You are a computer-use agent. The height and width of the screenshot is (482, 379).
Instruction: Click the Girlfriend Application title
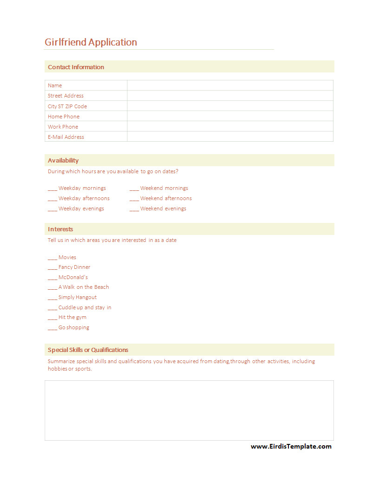coord(91,42)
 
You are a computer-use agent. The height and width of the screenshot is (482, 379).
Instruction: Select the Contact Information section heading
coord(76,67)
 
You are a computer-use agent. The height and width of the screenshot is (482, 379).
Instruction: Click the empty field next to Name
coord(230,85)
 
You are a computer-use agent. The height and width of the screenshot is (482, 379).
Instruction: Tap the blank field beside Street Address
coord(230,96)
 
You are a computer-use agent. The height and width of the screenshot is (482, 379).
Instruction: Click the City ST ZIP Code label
coord(67,106)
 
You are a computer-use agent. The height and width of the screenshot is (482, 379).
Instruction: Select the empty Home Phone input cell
coord(230,117)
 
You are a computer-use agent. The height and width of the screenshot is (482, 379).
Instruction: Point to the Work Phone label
coord(63,127)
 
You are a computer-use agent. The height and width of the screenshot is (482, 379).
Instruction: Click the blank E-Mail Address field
coord(230,137)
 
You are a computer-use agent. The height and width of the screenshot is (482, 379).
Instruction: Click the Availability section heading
coord(63,160)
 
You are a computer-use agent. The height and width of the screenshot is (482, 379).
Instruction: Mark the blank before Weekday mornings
coord(52,189)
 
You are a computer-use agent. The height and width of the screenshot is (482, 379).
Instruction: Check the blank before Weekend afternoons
coord(134,199)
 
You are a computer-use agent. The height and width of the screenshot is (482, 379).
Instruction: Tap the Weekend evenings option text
coord(163,209)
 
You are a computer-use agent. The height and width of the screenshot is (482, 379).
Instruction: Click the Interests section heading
coord(60,229)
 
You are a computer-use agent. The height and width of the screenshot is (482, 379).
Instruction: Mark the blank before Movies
coord(52,258)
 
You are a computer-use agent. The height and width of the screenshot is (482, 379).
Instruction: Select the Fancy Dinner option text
coord(74,267)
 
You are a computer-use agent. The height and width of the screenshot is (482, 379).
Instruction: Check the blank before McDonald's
coord(52,278)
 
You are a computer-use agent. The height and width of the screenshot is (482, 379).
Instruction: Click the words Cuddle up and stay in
coord(85,307)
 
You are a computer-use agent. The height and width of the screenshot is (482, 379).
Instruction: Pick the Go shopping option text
coord(74,328)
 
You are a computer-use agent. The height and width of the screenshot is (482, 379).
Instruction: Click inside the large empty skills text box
coord(189,410)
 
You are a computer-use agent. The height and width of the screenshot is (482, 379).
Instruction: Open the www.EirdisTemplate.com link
coord(291,447)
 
